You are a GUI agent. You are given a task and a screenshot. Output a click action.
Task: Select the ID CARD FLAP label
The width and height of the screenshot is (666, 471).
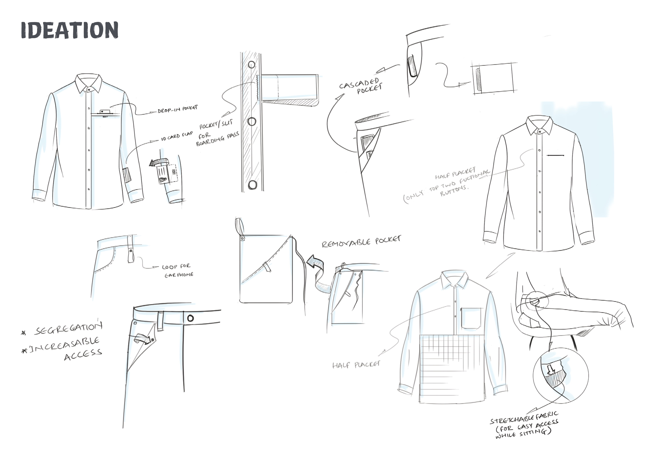pyautogui.click(x=177, y=136)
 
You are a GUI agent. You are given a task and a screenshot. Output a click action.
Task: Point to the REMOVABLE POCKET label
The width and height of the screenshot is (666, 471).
pyautogui.click(x=361, y=241)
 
